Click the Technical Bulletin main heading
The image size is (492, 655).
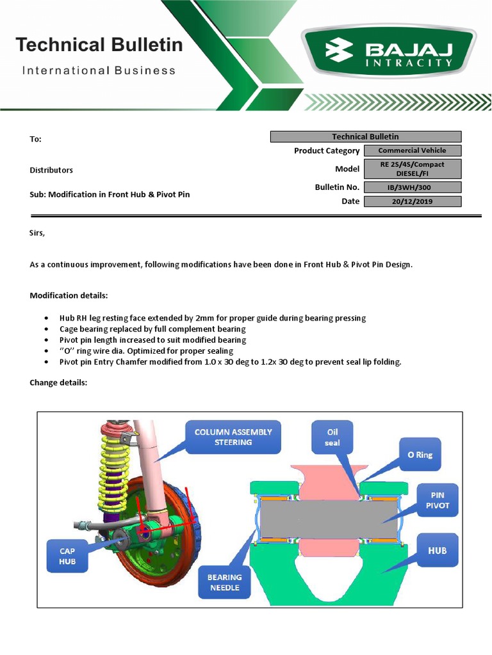[x=99, y=45]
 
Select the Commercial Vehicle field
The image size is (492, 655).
[x=412, y=151]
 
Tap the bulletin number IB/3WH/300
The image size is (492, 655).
[x=412, y=187]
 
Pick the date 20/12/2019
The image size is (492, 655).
[x=412, y=201]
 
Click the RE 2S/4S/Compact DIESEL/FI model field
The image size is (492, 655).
[x=412, y=169]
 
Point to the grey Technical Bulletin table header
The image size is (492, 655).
[x=365, y=136]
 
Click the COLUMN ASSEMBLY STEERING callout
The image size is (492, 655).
[x=233, y=437]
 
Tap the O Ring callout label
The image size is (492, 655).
[x=420, y=455]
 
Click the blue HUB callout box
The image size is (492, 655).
[x=437, y=550]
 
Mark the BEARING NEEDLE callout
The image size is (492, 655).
[x=224, y=582]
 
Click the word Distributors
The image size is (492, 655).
[x=51, y=170]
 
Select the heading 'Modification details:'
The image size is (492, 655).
[x=69, y=296]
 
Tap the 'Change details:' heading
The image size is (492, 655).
[x=58, y=383]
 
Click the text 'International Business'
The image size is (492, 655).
[x=99, y=70]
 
